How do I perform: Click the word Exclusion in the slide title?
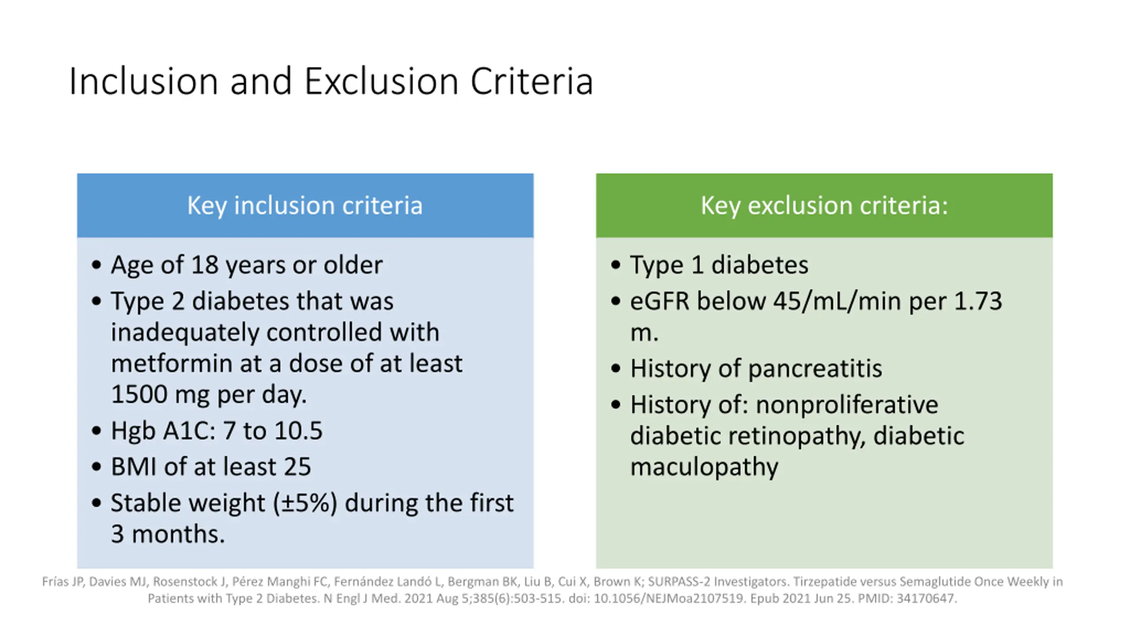tap(381, 81)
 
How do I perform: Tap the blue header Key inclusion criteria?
tap(305, 205)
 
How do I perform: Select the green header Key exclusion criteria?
tap(824, 205)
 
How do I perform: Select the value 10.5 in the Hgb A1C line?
tap(298, 431)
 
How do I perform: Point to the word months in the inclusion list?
tap(178, 534)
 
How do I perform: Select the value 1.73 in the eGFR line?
tap(978, 301)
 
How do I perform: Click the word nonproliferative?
tap(847, 405)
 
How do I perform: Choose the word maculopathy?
tap(704, 467)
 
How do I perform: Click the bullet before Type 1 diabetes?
tap(616, 265)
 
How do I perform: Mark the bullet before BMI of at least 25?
tap(96, 467)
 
